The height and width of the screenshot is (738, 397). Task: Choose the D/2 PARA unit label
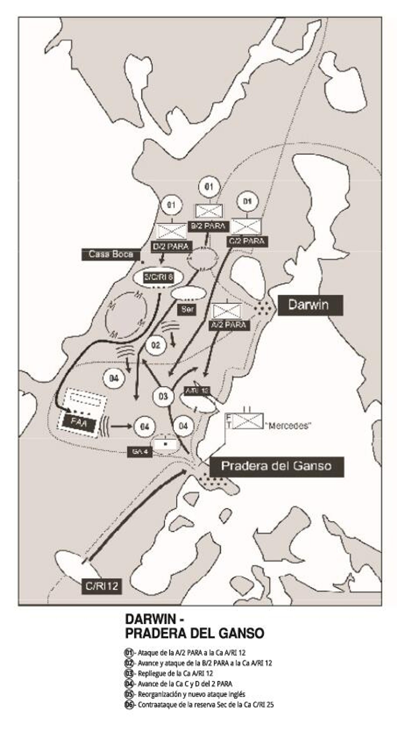[x=171, y=246]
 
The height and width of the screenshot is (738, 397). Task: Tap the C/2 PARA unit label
[x=247, y=241]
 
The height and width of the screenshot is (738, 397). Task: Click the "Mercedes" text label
[x=287, y=426]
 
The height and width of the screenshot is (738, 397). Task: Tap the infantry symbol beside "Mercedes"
[x=248, y=421]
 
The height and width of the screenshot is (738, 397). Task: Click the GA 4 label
[x=140, y=452]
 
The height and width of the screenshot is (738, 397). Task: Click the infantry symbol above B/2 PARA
[x=209, y=211]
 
